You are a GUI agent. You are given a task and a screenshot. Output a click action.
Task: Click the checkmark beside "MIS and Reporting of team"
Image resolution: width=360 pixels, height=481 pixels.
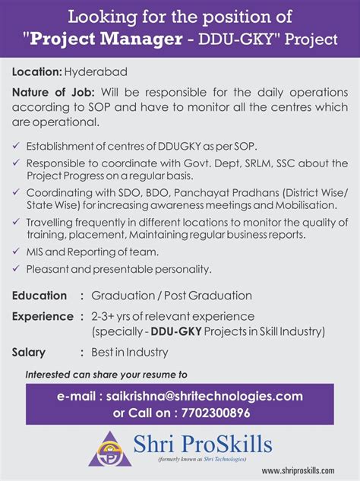click(x=17, y=252)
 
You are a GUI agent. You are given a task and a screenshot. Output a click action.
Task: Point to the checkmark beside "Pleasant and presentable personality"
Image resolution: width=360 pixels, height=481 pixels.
click(x=17, y=269)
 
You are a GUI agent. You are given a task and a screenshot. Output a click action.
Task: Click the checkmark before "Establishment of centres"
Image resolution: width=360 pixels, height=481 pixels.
click(x=17, y=145)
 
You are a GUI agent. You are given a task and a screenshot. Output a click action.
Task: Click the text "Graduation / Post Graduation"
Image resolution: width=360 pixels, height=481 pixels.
click(x=172, y=296)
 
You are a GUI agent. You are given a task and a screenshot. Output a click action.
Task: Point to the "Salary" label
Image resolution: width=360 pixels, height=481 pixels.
click(x=29, y=353)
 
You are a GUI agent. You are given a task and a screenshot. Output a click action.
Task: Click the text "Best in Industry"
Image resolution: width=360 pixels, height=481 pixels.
click(x=130, y=353)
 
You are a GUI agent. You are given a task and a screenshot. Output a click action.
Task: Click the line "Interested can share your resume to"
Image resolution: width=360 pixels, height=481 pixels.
click(x=106, y=375)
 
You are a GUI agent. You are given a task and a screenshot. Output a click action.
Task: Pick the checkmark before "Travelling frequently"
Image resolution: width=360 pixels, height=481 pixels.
click(x=17, y=222)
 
